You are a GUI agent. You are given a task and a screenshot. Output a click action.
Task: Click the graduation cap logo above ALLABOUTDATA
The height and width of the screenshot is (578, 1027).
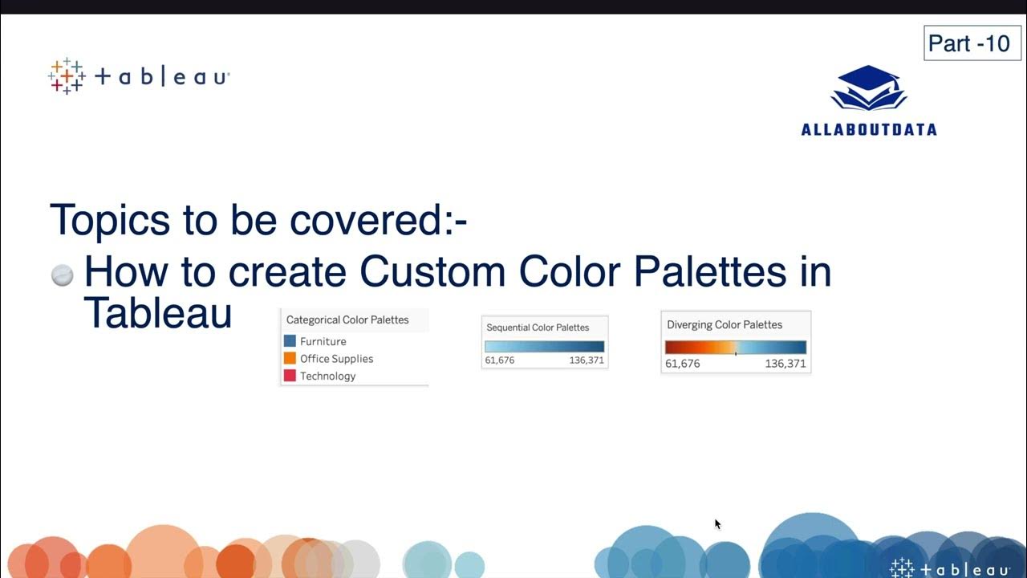(868, 89)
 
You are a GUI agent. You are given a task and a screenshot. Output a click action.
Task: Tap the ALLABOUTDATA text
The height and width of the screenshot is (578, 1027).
(868, 129)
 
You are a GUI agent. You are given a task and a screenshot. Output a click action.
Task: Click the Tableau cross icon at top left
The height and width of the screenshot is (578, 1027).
(67, 76)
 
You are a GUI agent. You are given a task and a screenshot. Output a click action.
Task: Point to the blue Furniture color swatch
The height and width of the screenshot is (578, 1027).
(290, 341)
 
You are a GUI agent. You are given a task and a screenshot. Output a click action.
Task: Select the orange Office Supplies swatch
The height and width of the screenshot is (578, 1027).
(290, 358)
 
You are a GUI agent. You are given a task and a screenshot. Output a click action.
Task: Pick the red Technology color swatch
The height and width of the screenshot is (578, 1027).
(290, 376)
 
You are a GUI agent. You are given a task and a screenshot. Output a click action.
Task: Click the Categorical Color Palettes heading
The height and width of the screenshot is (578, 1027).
(347, 320)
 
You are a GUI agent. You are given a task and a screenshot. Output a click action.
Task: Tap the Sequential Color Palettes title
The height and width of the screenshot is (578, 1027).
(538, 328)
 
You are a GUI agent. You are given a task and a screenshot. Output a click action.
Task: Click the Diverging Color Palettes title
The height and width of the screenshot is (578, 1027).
(724, 324)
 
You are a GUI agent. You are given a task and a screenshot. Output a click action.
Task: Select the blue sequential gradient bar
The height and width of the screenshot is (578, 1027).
(544, 346)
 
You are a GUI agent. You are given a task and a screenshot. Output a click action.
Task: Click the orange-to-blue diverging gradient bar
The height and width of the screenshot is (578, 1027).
(735, 347)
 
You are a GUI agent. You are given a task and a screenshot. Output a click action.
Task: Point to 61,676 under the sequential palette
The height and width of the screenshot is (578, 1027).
(499, 360)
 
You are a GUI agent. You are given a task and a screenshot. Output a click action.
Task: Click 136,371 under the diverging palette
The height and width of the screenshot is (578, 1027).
(785, 364)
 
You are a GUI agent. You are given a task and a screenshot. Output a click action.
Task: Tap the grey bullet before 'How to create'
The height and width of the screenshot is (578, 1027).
(63, 275)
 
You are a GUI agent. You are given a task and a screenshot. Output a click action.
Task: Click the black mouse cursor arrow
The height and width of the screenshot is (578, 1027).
(717, 523)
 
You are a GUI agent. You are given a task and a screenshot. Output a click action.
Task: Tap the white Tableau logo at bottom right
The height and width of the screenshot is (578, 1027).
(950, 568)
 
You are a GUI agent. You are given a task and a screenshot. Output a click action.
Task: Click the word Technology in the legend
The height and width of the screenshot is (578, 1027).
(327, 376)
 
